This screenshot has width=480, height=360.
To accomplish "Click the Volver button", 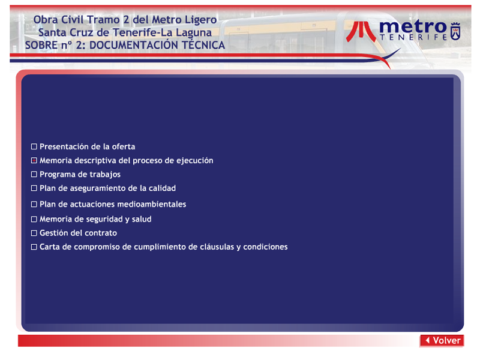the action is coord(442,340).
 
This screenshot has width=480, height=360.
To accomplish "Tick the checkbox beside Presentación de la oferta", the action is coord(34,146).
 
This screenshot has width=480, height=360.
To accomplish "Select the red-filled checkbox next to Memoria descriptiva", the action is coord(34,160).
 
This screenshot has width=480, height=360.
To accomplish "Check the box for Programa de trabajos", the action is coord(34,175).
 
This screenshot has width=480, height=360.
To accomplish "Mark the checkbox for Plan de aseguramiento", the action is coord(34,188).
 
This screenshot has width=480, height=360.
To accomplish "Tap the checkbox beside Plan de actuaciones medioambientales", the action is coord(34,204).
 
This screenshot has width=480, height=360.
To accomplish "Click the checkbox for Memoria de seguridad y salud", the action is coord(34,219).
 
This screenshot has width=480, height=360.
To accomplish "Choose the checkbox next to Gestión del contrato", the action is coord(34,233).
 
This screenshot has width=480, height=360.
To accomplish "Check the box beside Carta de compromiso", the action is coord(34,247).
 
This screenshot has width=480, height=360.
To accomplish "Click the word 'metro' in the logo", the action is coord(413,27).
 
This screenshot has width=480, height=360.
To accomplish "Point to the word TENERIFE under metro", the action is coord(413,37).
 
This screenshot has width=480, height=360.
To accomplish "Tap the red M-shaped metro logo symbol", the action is coord(361,31).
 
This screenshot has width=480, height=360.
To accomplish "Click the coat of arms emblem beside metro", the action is coord(455,31).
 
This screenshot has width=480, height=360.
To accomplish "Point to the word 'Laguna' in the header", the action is coord(193,33).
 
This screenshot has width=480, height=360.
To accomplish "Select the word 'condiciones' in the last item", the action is coord(265,247).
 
